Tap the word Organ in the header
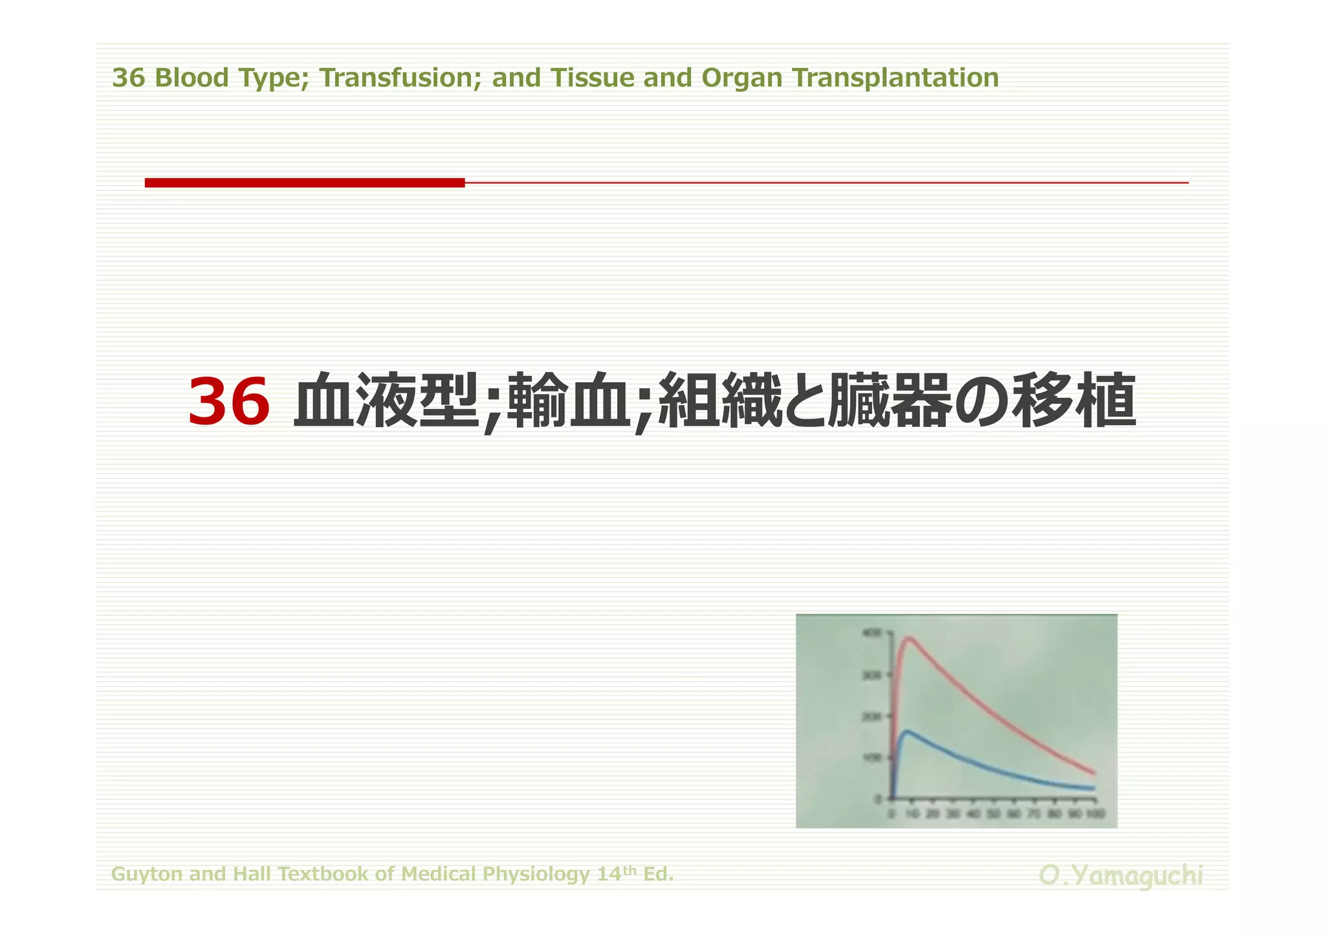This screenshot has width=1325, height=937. point(743,78)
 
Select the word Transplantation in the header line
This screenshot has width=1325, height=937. point(896,78)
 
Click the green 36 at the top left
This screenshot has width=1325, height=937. point(128,78)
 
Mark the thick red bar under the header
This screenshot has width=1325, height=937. point(304,183)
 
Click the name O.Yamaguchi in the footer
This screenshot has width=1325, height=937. point(1121,876)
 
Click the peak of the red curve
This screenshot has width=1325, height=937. point(909,639)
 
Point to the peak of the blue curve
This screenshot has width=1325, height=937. point(907,732)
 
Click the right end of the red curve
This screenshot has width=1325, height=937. point(1094,773)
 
